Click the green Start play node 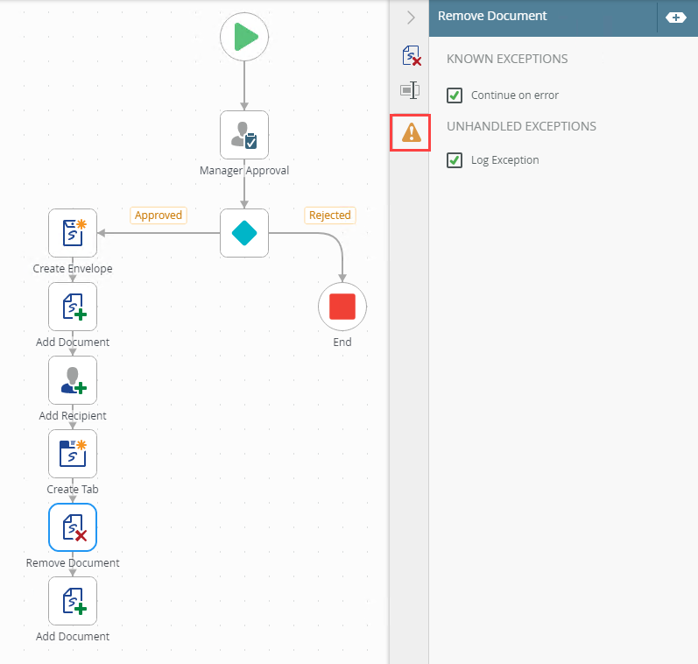pos(244,37)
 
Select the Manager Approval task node pos(244,135)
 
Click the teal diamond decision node pos(244,233)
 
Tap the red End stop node pos(342,307)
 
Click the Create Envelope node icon pos(73,233)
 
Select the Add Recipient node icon pos(73,380)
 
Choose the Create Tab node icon pos(73,454)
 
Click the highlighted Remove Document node pos(73,527)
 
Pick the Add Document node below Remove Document pos(73,601)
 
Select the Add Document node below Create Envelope pos(73,307)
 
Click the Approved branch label pos(159,215)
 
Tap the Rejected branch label pos(330,215)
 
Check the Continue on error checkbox pos(455,95)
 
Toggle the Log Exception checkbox pos(455,160)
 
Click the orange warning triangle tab pos(411,132)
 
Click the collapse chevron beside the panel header pos(411,18)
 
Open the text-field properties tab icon pos(410,90)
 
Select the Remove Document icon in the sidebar pos(412,56)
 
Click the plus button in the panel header pos(676,18)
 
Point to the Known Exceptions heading pos(507,59)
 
